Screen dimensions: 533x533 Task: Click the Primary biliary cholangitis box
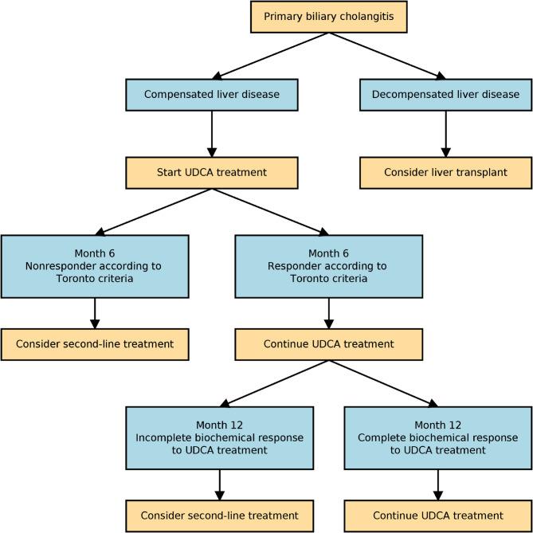point(328,15)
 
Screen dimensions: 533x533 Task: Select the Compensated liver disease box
point(212,94)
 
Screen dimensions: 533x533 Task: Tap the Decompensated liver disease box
point(445,94)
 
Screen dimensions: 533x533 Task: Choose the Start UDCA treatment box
point(212,172)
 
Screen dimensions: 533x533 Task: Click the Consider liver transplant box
point(445,172)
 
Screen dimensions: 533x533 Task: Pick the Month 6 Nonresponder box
point(95,266)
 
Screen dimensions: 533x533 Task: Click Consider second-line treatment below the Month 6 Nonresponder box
point(95,344)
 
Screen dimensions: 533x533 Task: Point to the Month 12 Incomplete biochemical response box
point(219,437)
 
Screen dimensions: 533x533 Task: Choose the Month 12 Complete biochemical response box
point(437,437)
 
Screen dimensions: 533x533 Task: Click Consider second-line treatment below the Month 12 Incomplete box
point(219,515)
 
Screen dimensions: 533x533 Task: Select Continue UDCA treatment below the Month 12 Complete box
point(437,515)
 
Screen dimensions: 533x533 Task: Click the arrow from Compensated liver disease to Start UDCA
point(212,133)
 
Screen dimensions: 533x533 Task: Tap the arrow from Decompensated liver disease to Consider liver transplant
point(445,133)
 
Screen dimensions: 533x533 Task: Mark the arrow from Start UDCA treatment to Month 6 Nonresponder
point(153,211)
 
